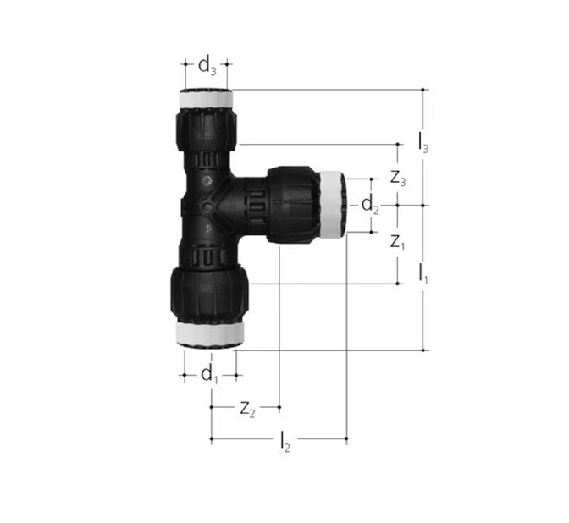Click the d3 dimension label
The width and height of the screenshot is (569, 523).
click(x=207, y=65)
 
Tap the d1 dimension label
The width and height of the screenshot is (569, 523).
click(x=209, y=374)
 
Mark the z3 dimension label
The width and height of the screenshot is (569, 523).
click(x=398, y=179)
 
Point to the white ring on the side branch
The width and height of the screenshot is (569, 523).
click(x=331, y=205)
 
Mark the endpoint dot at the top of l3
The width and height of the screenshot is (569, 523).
click(x=423, y=89)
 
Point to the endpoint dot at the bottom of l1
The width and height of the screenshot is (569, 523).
click(x=423, y=349)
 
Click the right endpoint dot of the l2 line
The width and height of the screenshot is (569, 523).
click(x=347, y=439)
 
